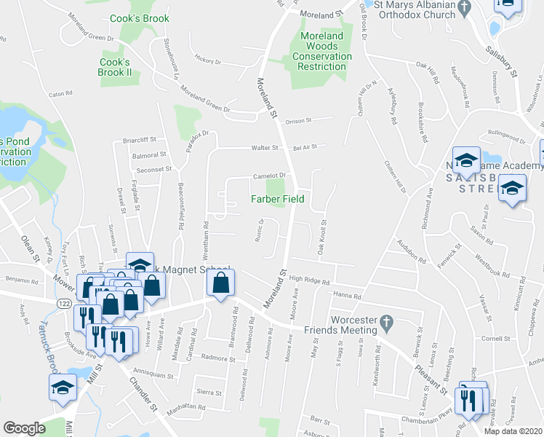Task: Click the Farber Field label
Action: pos(277,198)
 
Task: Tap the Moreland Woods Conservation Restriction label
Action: pos(321,51)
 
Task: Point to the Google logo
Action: pos(24,428)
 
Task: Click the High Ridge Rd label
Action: pos(309,280)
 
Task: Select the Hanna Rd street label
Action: pos(348,294)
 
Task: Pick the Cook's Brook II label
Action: pos(115,67)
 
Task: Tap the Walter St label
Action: pos(265,148)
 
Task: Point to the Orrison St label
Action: pos(298,121)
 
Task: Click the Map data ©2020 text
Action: pos(513,431)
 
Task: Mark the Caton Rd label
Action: pos(60,94)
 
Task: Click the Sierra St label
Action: pos(209,392)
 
